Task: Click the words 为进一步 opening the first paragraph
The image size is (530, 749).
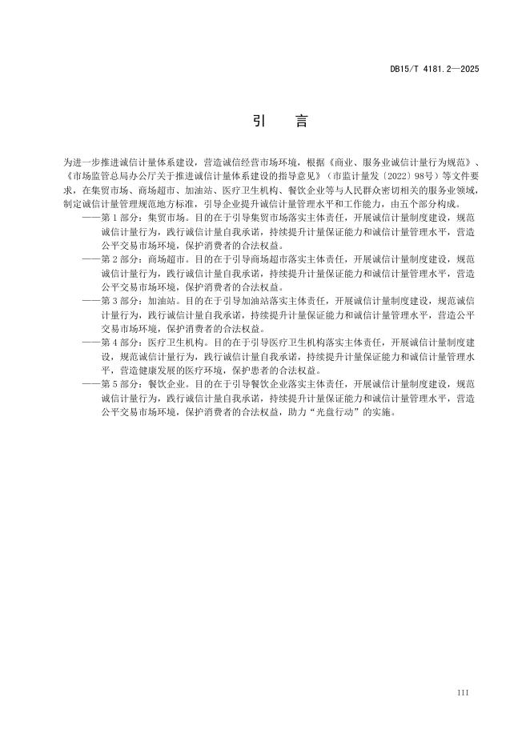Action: [78, 161]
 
